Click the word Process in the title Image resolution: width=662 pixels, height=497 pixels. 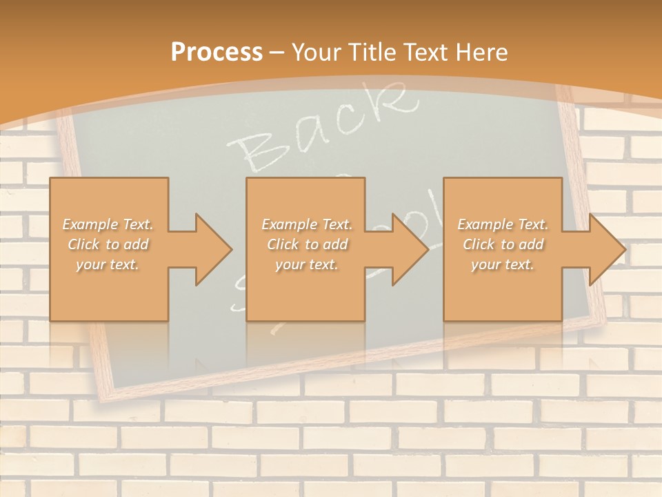pyautogui.click(x=217, y=52)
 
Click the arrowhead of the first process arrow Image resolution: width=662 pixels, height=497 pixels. pyautogui.click(x=213, y=249)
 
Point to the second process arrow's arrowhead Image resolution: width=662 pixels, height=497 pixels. pyautogui.click(x=410, y=249)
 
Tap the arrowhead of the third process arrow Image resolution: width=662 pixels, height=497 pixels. pyautogui.click(x=608, y=249)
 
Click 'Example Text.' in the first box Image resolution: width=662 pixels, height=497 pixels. pyautogui.click(x=108, y=224)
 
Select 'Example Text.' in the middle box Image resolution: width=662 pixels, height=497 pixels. pyautogui.click(x=306, y=224)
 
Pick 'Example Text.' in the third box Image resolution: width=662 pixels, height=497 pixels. pyautogui.click(x=503, y=224)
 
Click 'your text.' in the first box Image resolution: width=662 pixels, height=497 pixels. pyautogui.click(x=108, y=264)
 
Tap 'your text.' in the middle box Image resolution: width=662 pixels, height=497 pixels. pyautogui.click(x=306, y=264)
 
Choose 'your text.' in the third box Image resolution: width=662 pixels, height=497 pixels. pyautogui.click(x=503, y=264)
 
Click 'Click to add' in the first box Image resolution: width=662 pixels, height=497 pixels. pyautogui.click(x=108, y=244)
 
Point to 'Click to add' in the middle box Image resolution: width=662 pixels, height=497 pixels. pyautogui.click(x=306, y=244)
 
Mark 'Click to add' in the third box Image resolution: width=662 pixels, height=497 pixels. pyautogui.click(x=503, y=244)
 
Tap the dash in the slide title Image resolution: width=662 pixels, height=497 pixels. pyautogui.click(x=277, y=52)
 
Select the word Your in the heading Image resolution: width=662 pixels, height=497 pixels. pyautogui.click(x=318, y=52)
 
